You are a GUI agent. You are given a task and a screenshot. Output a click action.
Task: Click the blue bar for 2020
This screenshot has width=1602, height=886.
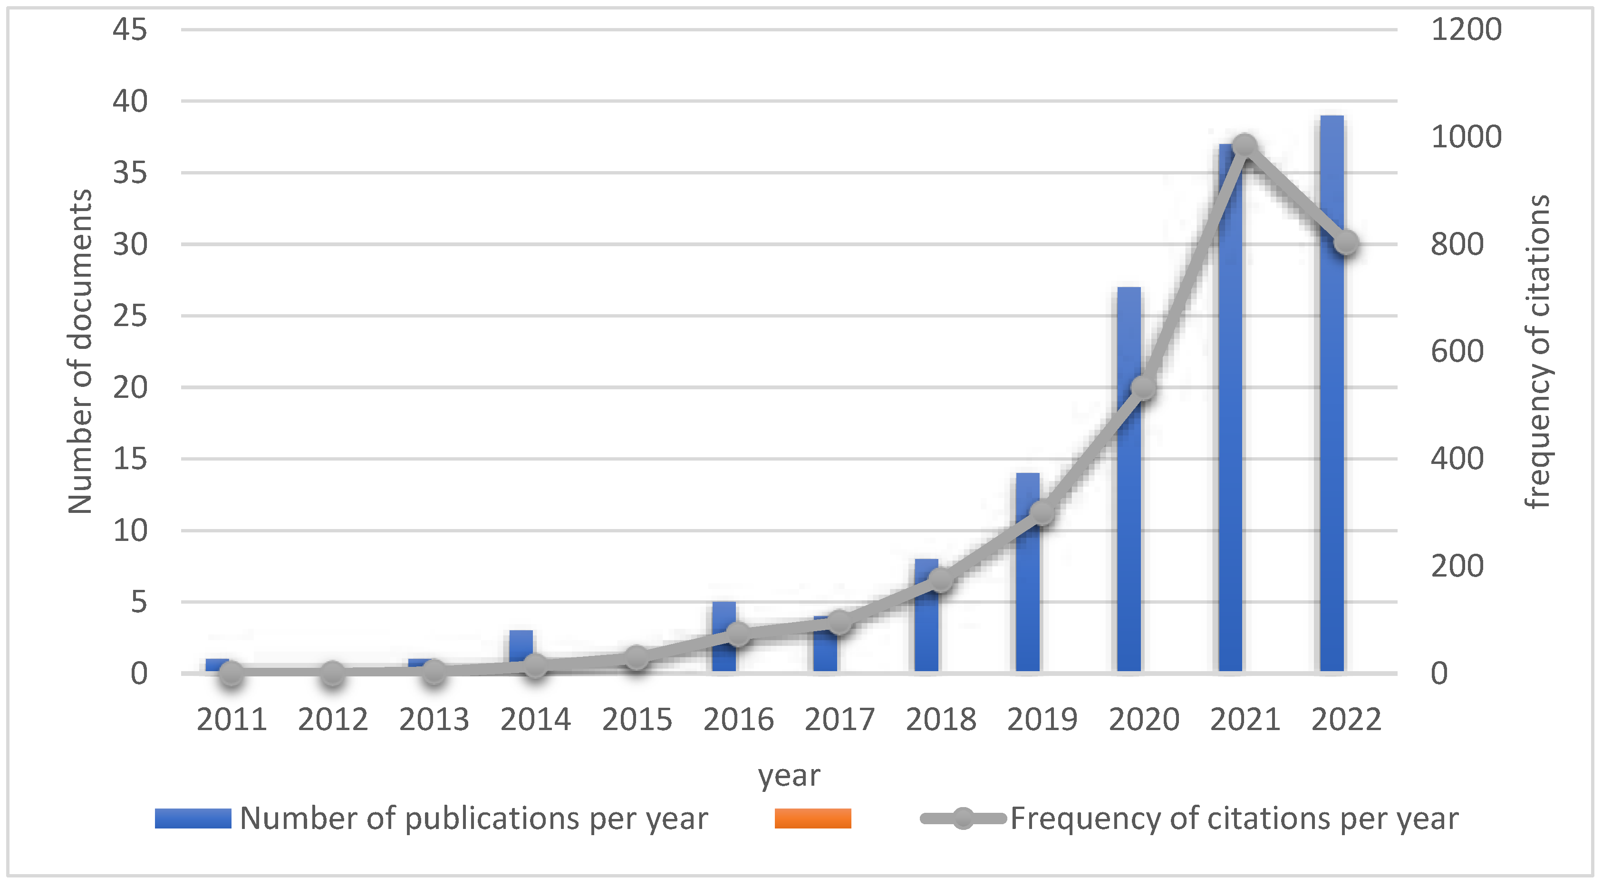coord(1129,529)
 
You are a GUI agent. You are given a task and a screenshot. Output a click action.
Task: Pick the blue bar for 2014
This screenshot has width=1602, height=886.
coord(521,644)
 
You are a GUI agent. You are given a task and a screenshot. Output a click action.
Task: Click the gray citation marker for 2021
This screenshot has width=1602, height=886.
coord(1245,146)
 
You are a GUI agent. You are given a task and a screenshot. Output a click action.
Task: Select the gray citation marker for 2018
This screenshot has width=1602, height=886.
coord(941,580)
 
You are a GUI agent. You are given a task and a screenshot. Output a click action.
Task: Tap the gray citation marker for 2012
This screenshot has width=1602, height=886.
coord(333,673)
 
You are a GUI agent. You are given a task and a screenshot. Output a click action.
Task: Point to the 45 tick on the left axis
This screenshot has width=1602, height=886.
coord(130,29)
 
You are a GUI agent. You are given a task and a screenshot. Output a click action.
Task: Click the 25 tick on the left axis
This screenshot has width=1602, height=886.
coord(130,316)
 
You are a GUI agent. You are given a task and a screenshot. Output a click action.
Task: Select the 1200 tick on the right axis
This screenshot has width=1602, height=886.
coord(1466,29)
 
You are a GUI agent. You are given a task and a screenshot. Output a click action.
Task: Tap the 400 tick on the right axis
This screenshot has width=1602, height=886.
coord(1457,459)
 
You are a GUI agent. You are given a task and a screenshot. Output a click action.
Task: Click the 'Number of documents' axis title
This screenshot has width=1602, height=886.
coord(79,351)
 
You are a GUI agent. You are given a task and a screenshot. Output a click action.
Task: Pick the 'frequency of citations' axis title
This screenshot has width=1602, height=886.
coord(1537,351)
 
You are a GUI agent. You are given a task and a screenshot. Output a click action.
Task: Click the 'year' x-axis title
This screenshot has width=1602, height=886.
coord(789,776)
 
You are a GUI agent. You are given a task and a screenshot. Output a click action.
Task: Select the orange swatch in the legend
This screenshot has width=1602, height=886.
coord(813,818)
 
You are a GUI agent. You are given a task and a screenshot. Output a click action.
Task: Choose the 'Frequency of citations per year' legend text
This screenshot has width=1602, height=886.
coord(1234,818)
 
